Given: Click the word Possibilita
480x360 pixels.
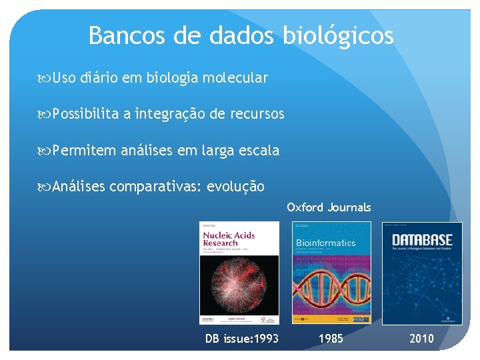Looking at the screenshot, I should click(85, 114).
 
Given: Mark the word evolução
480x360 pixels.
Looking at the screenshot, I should click(236, 186).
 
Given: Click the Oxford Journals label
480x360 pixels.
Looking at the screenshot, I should click(329, 207).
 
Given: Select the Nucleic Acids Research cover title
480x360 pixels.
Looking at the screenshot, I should click(220, 239).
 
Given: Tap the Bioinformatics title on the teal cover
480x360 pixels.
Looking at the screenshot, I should click(326, 243).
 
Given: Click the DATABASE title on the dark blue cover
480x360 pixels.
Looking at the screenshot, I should click(421, 239).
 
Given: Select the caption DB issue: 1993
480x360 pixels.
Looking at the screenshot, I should click(241, 339).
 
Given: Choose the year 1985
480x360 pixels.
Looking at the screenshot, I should click(331, 339).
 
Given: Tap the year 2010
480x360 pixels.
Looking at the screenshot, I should click(421, 339).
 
